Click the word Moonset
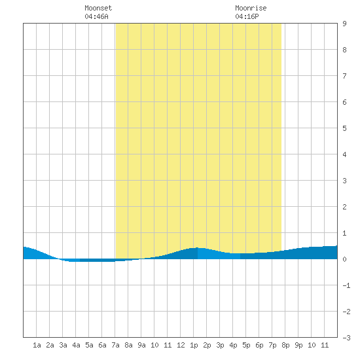tap(98, 8)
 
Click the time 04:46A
tap(96, 16)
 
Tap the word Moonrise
tap(251, 8)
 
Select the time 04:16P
tap(247, 16)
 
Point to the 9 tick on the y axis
tap(344, 24)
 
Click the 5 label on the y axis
tap(344, 128)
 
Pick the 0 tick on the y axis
tap(344, 259)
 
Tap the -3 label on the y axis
tap(347, 338)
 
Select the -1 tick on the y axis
tap(347, 285)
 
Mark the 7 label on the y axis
tap(344, 76)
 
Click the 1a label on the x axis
tap(37, 345)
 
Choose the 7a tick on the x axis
tap(115, 345)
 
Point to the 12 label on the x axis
tap(181, 345)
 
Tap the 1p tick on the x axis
tap(194, 345)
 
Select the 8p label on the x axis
tap(285, 345)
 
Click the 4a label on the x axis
tap(76, 345)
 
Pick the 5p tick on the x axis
tap(246, 345)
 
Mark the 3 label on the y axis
tap(344, 181)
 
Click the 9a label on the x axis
tap(141, 345)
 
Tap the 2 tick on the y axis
tap(344, 207)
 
